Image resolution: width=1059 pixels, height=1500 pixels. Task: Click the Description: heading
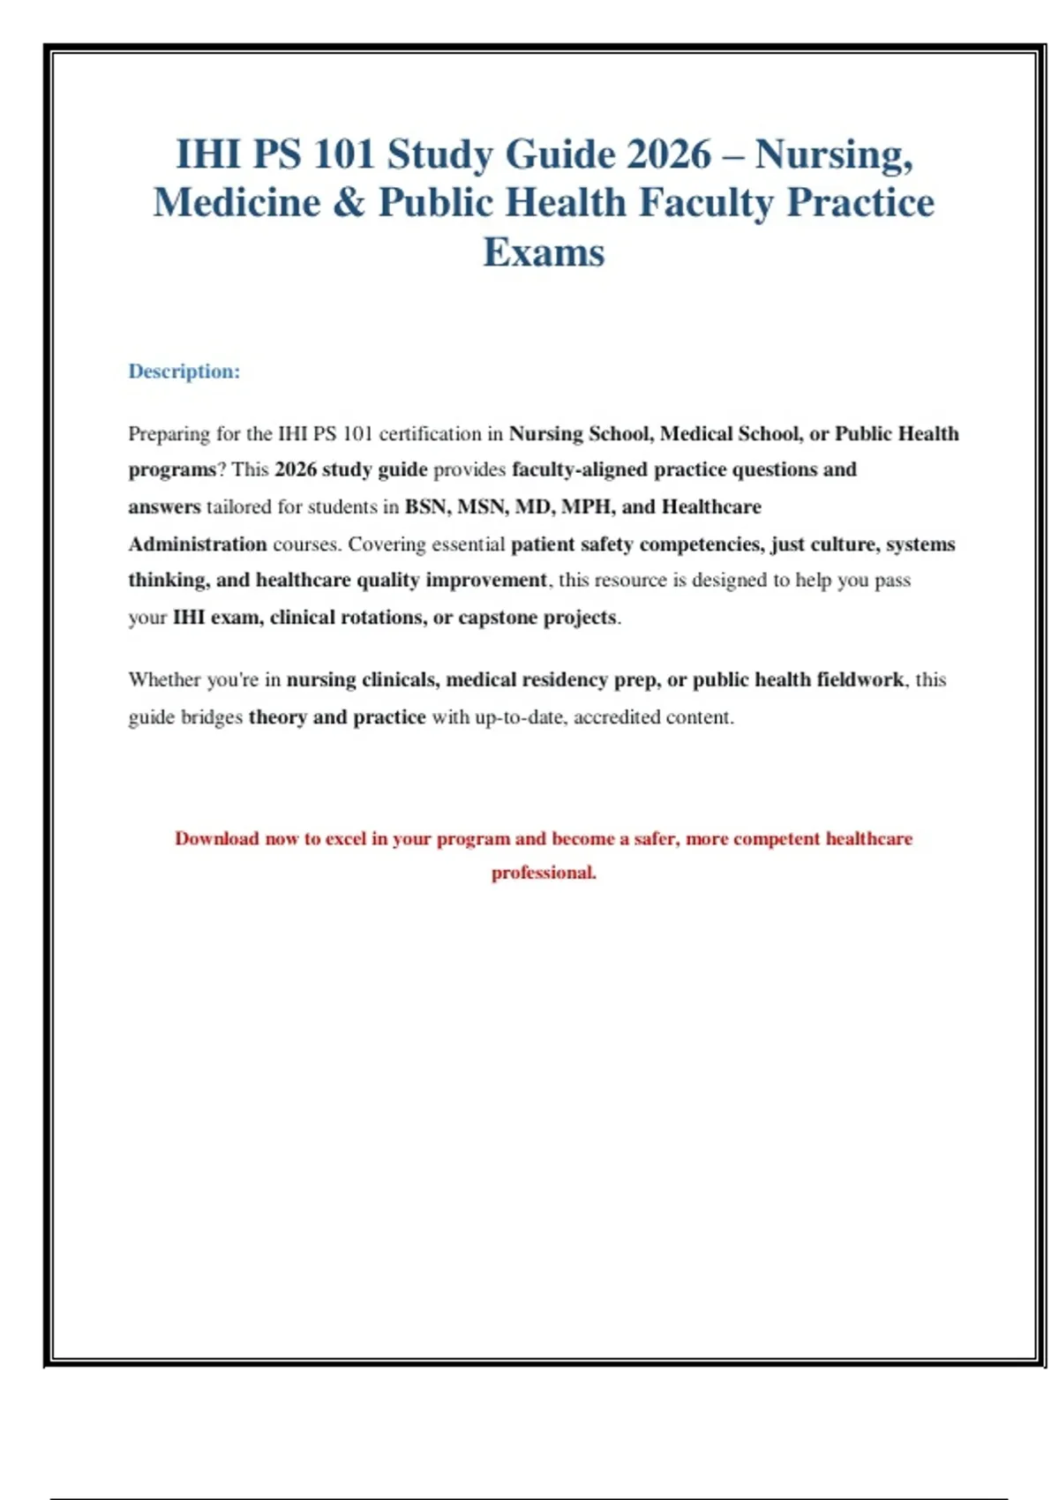(x=184, y=371)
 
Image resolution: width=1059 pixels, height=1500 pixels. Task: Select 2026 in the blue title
(x=669, y=154)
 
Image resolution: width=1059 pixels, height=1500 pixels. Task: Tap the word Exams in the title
(x=544, y=252)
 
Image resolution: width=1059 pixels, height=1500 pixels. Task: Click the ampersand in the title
(x=349, y=203)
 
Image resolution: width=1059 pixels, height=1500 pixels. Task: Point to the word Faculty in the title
(x=706, y=203)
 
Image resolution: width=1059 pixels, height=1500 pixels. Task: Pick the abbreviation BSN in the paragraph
(x=425, y=507)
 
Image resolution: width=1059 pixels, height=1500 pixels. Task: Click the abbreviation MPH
(x=588, y=507)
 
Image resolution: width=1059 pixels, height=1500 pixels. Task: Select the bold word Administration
(x=198, y=544)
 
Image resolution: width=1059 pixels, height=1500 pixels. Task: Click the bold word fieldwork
(x=860, y=680)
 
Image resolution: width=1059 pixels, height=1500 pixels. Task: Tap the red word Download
(x=217, y=839)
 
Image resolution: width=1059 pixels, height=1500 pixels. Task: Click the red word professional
(x=543, y=874)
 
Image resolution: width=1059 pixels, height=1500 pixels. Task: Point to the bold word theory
(x=277, y=717)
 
